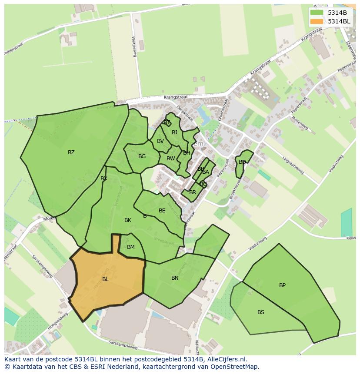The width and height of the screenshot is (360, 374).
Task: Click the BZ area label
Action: point(71,152)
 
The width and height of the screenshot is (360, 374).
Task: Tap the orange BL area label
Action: point(105,279)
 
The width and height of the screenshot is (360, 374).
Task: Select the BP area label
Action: point(282,285)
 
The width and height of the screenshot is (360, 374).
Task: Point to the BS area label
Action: point(260,312)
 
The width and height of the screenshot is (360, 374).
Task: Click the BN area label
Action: point(175,278)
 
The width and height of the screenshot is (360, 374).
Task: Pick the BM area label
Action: point(130,247)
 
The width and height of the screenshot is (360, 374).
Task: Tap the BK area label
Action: point(127,220)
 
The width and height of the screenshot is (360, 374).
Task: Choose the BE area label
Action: point(162,211)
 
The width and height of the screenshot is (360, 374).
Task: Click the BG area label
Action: point(142,156)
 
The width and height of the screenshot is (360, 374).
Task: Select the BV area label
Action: point(160,141)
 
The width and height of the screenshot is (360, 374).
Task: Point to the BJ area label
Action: point(174,132)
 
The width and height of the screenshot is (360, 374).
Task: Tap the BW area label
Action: point(170,159)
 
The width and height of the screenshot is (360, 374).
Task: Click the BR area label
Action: point(193,192)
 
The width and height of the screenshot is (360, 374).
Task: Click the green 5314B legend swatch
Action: point(317,13)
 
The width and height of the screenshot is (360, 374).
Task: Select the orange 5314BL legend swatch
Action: point(317,21)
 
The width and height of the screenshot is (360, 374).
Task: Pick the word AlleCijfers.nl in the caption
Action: point(227,360)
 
